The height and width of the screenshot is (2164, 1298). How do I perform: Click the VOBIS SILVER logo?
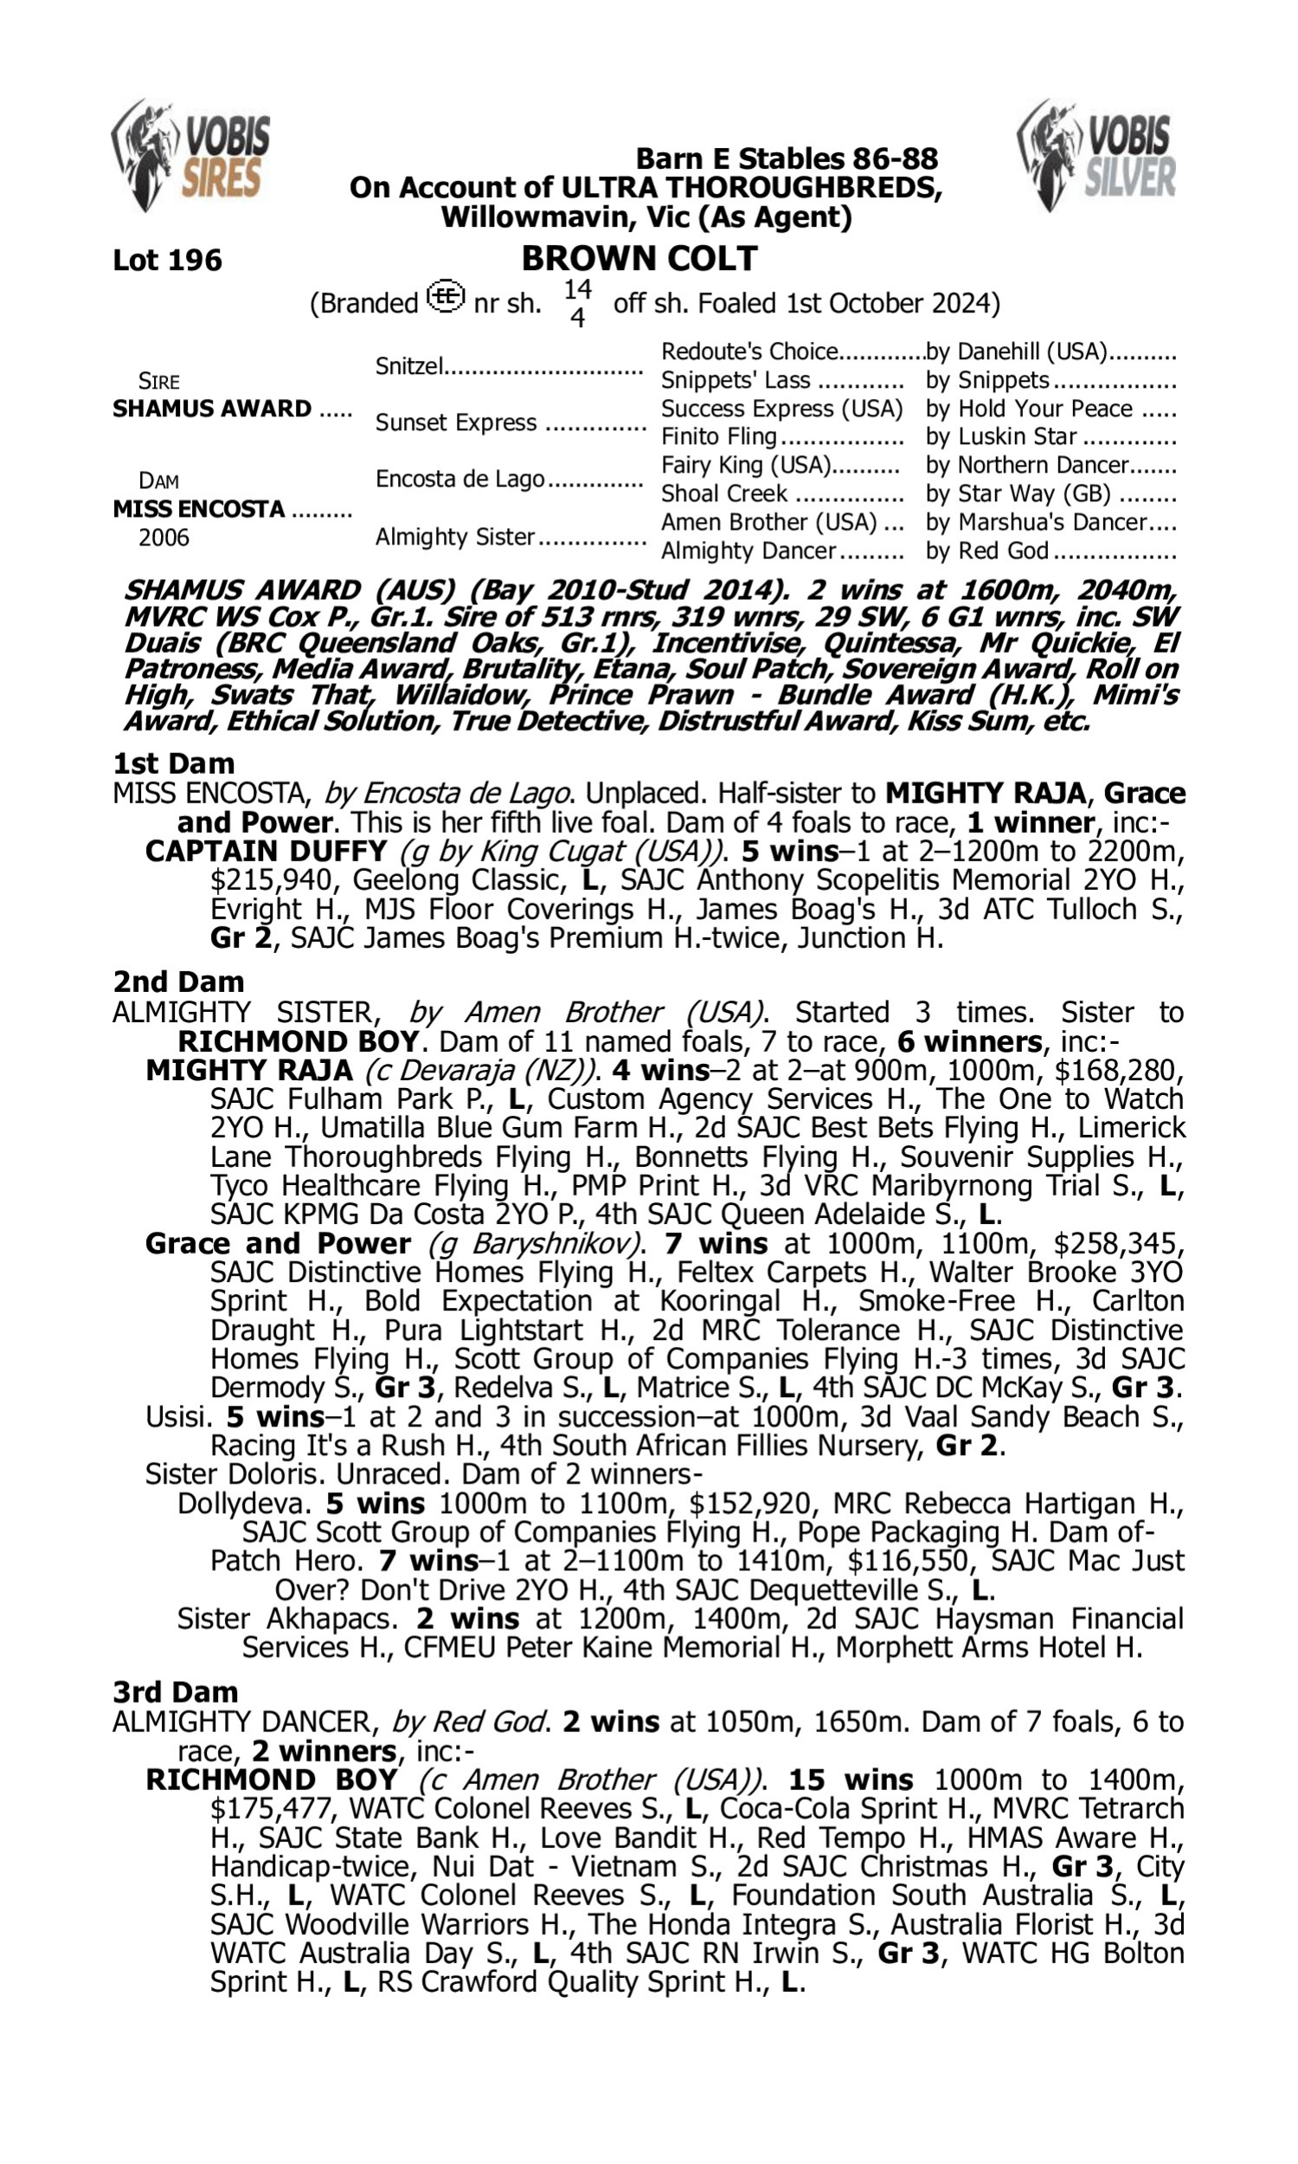[x=1097, y=156]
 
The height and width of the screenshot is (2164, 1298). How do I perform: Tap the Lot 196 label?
[x=167, y=261]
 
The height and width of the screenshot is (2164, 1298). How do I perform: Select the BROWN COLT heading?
[x=639, y=259]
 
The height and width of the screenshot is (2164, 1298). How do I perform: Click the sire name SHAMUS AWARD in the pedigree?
[x=212, y=409]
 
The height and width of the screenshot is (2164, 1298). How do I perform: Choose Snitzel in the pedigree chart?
[x=409, y=365]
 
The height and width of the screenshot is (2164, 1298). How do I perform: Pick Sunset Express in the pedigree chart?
[x=455, y=422]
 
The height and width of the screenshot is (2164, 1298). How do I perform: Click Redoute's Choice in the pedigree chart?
[x=749, y=351]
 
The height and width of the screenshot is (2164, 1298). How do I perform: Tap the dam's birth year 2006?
[x=164, y=537]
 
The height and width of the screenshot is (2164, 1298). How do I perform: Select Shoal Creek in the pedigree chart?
[x=724, y=493]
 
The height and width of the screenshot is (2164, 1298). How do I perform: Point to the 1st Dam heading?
[x=173, y=763]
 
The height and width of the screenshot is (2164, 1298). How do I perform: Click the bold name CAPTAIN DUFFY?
[x=266, y=851]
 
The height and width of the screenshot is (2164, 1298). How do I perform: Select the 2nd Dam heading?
[x=178, y=982]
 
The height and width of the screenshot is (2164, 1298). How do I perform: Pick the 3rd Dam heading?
[x=175, y=1691]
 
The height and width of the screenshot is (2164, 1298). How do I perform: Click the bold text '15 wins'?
[x=850, y=1779]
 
